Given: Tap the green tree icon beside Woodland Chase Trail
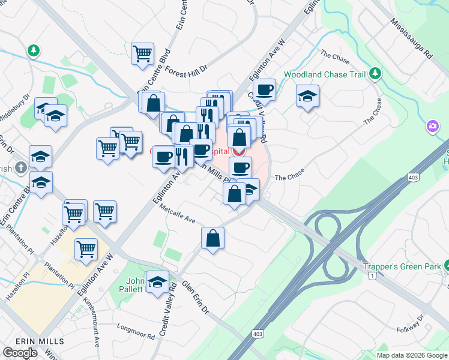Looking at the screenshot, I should (x=376, y=74).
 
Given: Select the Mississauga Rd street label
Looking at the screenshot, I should (x=411, y=37).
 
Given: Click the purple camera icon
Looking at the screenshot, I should (x=432, y=126).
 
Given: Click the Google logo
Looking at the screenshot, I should (x=20, y=353).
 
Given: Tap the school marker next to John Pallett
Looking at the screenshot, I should (x=157, y=284).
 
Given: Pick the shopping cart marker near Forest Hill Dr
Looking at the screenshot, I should (x=143, y=53).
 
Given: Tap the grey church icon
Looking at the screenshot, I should (x=20, y=167).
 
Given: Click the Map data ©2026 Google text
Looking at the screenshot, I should (x=412, y=355).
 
